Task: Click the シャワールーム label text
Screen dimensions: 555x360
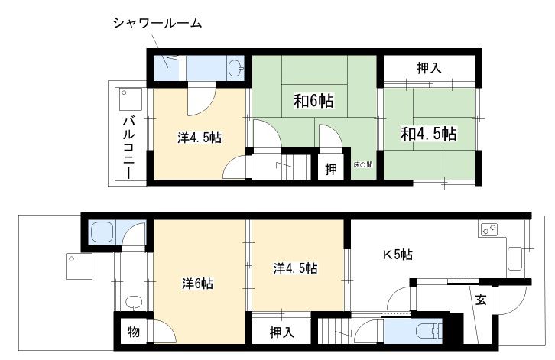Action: pos(157,24)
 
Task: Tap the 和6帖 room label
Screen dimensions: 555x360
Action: pos(313,101)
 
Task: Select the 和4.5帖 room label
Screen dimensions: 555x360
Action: pos(429,134)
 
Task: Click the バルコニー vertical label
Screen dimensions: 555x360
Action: pos(129,148)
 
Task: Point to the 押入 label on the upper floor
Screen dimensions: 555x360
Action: pos(429,67)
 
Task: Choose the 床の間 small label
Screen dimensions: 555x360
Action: pos(364,164)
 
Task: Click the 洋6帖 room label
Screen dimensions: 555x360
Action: pos(197,284)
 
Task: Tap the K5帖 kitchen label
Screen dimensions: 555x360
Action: pos(398,255)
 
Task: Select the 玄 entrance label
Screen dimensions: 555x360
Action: pos(481,300)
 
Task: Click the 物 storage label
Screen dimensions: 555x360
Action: pos(134,332)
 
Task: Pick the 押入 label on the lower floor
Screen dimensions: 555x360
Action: pos(282,332)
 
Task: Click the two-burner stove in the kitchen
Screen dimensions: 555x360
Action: pos(488,229)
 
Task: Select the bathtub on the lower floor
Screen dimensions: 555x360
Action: pos(102,232)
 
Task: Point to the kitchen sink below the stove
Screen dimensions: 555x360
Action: pos(514,258)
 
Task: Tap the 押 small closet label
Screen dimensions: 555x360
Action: pos(331,170)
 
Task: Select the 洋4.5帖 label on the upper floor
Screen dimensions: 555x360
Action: pos(200,138)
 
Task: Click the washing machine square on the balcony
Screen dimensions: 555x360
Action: pos(131,99)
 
